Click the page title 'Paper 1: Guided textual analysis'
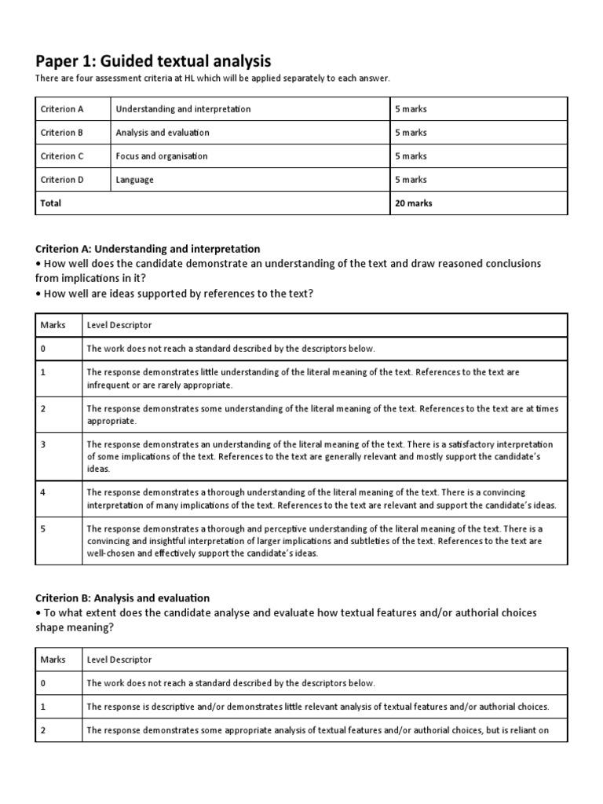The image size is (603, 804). tap(153, 60)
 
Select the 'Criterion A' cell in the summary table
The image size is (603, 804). tap(62, 109)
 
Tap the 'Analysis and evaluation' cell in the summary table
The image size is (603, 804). tap(163, 133)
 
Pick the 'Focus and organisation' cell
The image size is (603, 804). tap(162, 156)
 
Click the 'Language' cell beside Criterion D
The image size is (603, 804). tap(134, 180)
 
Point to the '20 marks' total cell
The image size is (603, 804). tap(414, 203)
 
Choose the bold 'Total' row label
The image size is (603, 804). tap(51, 203)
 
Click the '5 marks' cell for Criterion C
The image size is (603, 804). tap(411, 156)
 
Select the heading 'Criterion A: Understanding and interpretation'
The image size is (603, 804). tap(148, 249)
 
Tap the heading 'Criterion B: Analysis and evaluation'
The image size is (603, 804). tap(122, 598)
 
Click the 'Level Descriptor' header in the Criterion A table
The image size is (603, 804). tap(119, 325)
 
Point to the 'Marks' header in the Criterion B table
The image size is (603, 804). tap(53, 660)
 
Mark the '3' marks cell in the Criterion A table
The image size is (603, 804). tap(43, 444)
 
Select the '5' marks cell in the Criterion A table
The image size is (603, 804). tap(43, 528)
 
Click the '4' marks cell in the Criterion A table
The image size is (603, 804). tap(43, 492)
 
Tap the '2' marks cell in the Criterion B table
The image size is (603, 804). tap(43, 730)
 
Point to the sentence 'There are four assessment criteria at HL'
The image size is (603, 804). tap(212, 79)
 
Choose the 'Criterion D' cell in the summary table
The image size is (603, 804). tap(62, 180)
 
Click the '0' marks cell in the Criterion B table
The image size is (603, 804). tap(43, 683)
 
